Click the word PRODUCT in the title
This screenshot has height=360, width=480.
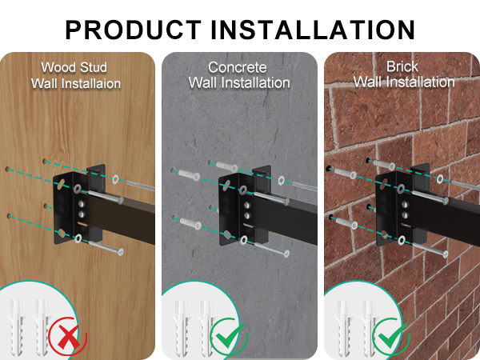tap(134, 30)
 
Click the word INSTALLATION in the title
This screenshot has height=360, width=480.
tap(313, 30)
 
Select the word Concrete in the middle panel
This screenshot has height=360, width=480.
tap(238, 67)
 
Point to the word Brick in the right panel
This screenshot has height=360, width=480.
tap(402, 66)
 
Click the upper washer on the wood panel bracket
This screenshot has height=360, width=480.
tap(78, 189)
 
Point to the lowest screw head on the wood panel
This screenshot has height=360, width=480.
tap(120, 252)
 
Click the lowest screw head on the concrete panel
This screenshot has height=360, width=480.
tap(286, 254)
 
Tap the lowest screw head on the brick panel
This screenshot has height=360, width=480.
tap(445, 254)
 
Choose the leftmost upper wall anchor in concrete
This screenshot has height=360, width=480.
tap(189, 174)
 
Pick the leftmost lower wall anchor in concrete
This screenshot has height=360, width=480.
tap(190, 223)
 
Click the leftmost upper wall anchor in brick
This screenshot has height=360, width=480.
tap(346, 173)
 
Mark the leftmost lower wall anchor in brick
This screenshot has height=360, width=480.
tap(346, 222)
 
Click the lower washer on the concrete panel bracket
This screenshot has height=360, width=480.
tap(244, 240)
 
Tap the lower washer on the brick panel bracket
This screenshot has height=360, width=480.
tap(402, 240)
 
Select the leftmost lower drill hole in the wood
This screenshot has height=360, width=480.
tap(9, 217)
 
